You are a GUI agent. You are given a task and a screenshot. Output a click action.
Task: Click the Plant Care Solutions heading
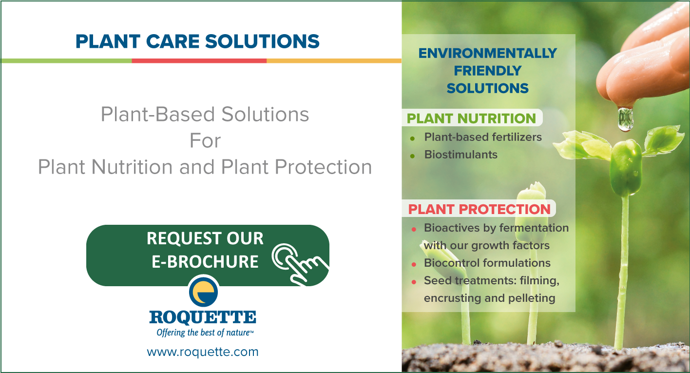click(x=197, y=41)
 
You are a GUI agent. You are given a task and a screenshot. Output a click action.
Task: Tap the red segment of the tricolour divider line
click(x=199, y=61)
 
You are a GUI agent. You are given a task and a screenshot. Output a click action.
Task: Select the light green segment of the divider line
click(x=66, y=61)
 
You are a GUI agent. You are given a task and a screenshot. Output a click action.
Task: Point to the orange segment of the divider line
click(x=334, y=61)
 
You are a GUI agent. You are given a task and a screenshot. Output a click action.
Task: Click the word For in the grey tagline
click(x=205, y=141)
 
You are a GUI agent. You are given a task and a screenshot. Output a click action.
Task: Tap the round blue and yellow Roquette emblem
click(x=203, y=292)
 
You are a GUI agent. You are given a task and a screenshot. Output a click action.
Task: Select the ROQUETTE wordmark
click(x=203, y=317)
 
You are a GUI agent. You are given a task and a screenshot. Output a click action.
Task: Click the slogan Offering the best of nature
click(x=205, y=333)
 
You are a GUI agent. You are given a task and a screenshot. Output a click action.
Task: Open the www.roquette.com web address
click(x=203, y=352)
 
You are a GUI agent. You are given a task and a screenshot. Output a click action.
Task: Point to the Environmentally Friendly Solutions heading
click(x=488, y=71)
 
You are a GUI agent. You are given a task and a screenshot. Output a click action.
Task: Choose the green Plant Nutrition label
click(x=471, y=118)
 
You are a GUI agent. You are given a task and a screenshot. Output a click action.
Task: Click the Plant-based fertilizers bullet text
click(x=483, y=137)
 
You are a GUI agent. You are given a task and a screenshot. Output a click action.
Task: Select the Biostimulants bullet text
click(x=461, y=155)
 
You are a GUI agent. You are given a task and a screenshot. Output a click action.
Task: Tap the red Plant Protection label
click(x=479, y=209)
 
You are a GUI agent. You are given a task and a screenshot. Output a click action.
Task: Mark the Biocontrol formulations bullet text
click(x=487, y=263)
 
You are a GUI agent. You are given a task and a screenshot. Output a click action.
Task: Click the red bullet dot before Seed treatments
click(x=414, y=282)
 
